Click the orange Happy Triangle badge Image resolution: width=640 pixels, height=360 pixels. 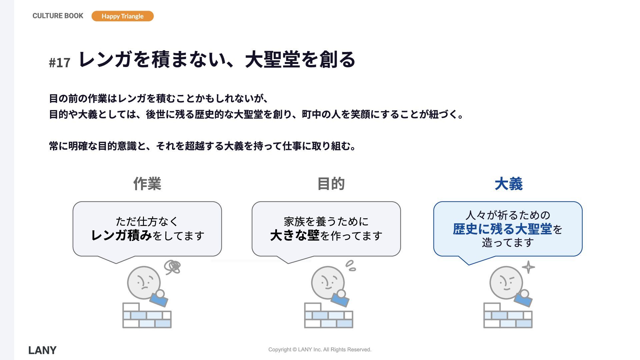122,16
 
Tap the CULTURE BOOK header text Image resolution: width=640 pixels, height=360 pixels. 58,16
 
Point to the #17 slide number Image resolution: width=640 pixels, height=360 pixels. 60,63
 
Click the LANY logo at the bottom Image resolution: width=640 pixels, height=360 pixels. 42,350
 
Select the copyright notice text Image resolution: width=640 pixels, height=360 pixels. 320,349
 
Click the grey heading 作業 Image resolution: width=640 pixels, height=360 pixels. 147,184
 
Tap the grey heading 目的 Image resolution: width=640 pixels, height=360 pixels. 331,184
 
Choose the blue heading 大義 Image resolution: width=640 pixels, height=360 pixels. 508,184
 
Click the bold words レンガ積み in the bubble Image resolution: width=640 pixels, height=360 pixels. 121,235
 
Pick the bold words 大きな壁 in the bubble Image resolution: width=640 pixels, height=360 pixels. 295,235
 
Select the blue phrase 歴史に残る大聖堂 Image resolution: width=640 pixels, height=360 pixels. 502,229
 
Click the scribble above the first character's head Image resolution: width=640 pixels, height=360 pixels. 172,267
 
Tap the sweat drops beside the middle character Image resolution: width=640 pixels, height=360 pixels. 351,266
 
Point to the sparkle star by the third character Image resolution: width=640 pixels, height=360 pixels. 528,267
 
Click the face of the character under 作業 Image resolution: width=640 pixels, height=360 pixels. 144,283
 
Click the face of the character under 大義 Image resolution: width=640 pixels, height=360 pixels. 506,283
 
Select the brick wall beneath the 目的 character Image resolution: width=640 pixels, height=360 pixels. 328,315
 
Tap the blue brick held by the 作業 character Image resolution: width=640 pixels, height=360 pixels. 159,300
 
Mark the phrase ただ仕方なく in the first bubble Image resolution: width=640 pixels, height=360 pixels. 147,221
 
